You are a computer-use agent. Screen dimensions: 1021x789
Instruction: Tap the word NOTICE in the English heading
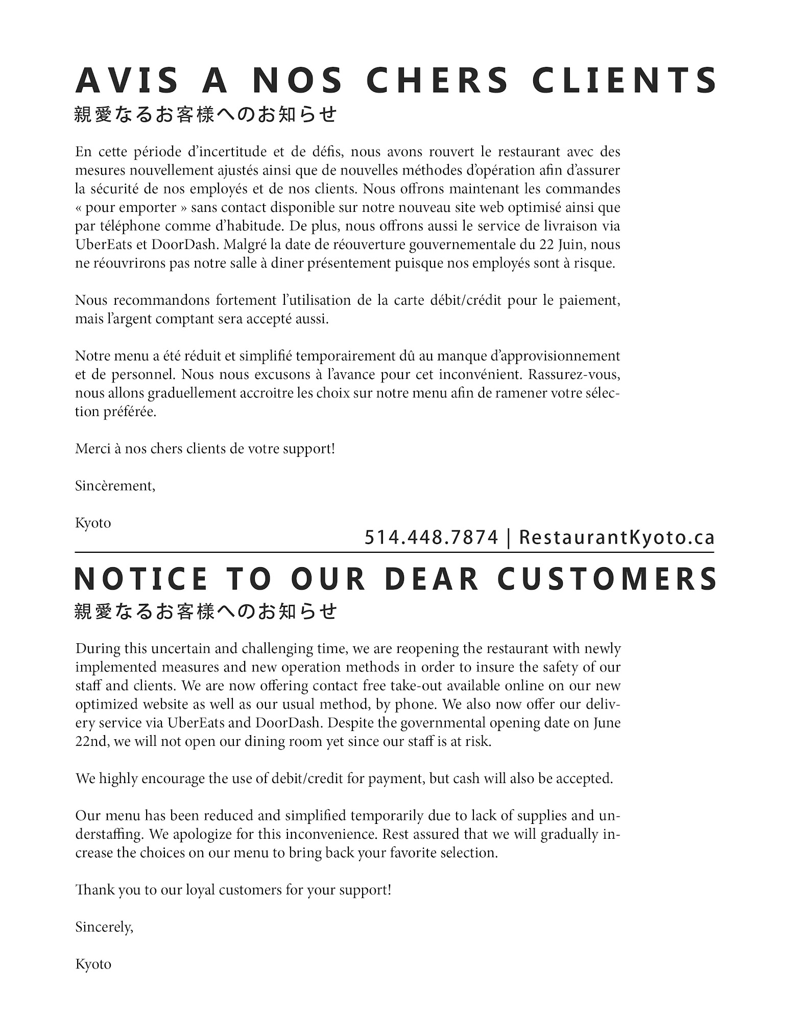pyautogui.click(x=141, y=579)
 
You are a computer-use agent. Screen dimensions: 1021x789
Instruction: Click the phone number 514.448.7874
pyautogui.click(x=431, y=538)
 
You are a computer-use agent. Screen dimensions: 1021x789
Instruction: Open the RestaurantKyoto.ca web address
pyautogui.click(x=616, y=538)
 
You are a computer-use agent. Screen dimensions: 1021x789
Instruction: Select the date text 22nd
pyautogui.click(x=91, y=741)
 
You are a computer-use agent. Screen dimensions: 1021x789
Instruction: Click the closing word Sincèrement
pyautogui.click(x=115, y=485)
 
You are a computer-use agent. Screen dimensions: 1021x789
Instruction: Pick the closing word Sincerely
pyautogui.click(x=104, y=927)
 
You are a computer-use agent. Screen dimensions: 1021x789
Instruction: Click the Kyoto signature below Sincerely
pyautogui.click(x=93, y=964)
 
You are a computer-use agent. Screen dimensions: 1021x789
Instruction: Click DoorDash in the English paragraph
pyautogui.click(x=288, y=723)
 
